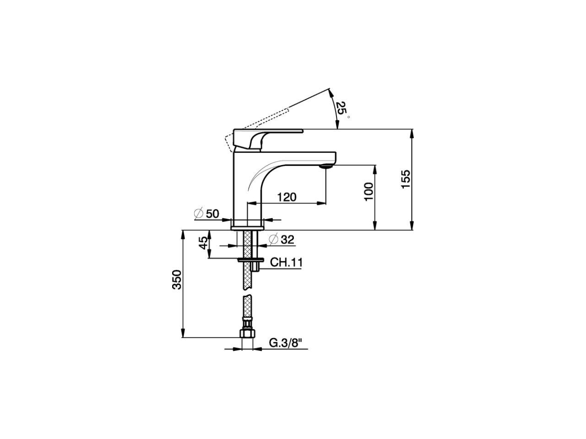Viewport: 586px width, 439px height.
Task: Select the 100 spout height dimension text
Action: click(369, 192)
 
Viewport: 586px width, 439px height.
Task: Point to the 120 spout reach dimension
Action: click(287, 197)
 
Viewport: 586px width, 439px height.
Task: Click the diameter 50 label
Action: click(207, 214)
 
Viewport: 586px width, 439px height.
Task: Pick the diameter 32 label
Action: click(282, 239)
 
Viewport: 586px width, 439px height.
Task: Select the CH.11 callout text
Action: click(287, 262)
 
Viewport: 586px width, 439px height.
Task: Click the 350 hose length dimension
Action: click(177, 280)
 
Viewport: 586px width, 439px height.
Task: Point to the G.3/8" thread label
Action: click(286, 343)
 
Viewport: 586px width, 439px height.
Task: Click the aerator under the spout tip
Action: click(325, 166)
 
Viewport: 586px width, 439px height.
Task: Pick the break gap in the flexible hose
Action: click(247, 293)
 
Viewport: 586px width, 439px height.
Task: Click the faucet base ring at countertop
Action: click(247, 226)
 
